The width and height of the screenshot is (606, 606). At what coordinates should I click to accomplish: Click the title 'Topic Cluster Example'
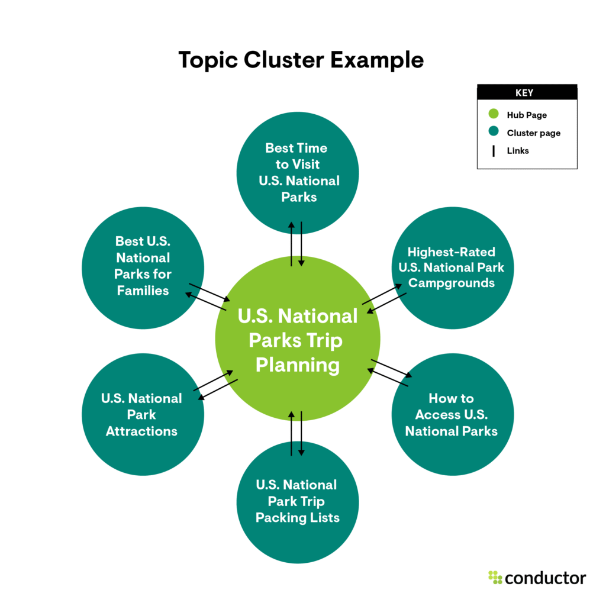pyautogui.click(x=301, y=60)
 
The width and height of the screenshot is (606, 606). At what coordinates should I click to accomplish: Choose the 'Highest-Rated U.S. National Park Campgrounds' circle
pyautogui.click(x=452, y=267)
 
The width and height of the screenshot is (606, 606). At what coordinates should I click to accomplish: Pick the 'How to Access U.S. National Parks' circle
pyautogui.click(x=452, y=415)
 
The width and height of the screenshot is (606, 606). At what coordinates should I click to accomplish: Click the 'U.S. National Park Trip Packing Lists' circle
pyautogui.click(x=298, y=501)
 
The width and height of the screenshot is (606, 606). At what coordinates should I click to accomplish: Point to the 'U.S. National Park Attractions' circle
pyautogui.click(x=143, y=415)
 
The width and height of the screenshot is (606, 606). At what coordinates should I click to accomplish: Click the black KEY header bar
pyautogui.click(x=527, y=92)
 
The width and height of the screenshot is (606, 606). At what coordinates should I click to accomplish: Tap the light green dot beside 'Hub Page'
pyautogui.click(x=495, y=115)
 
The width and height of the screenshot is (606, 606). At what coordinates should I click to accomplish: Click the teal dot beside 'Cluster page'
pyautogui.click(x=495, y=133)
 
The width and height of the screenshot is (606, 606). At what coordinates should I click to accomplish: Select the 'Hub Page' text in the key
pyautogui.click(x=526, y=115)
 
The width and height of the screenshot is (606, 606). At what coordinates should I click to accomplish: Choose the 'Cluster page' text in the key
pyautogui.click(x=534, y=133)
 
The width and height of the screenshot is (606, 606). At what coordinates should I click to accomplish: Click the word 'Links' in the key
pyautogui.click(x=518, y=151)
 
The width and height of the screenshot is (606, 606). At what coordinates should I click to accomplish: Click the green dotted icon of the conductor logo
pyautogui.click(x=495, y=577)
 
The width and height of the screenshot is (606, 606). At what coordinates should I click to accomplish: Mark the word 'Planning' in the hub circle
pyautogui.click(x=298, y=365)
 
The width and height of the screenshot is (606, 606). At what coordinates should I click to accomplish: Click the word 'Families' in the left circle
pyautogui.click(x=143, y=291)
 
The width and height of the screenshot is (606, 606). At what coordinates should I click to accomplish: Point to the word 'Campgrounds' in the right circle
pyautogui.click(x=452, y=283)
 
